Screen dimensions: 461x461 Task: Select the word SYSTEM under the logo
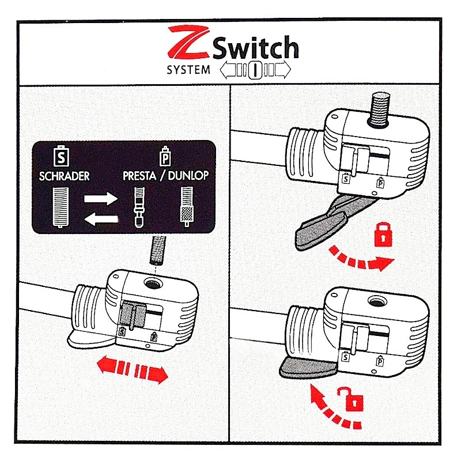(188, 70)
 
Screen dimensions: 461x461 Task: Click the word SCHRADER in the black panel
(65, 176)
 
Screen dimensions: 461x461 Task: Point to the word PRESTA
(139, 176)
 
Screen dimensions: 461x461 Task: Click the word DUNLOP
(188, 176)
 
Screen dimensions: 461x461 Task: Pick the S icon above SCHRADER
(61, 156)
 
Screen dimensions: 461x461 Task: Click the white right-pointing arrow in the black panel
(101, 198)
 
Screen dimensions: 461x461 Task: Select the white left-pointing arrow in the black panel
(101, 219)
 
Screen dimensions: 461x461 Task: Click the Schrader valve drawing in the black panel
(61, 207)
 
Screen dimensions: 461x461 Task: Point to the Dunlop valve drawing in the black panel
(187, 206)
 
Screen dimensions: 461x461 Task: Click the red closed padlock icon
(383, 235)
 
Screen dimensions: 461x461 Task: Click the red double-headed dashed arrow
(133, 369)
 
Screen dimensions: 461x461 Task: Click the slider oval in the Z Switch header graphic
(255, 70)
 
